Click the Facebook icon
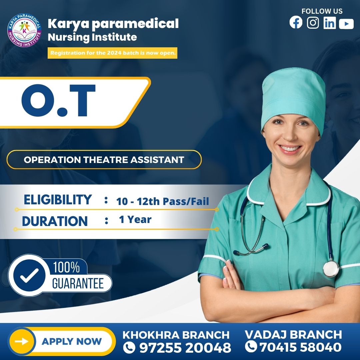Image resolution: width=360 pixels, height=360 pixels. (296, 23)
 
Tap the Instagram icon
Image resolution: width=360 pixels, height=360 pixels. (313, 23)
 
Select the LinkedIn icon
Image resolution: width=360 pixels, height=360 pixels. (330, 23)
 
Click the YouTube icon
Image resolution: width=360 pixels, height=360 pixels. (346, 24)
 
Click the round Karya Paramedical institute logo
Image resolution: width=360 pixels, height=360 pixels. (24, 30)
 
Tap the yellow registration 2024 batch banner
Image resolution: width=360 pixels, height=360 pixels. (113, 53)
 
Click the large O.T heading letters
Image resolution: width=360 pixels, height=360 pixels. (58, 101)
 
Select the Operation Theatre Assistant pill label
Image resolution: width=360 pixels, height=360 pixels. (104, 160)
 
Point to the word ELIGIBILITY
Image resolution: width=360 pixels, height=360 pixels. (58, 200)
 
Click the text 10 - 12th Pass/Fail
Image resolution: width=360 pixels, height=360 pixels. (163, 201)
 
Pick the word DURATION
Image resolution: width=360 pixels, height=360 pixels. (55, 221)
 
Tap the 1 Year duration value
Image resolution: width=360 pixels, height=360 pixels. (135, 219)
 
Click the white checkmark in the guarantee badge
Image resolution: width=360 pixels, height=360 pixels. (29, 275)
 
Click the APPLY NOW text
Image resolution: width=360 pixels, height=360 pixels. (72, 341)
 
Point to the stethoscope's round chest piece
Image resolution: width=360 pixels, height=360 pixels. (331, 269)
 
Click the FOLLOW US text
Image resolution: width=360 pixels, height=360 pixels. (322, 11)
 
